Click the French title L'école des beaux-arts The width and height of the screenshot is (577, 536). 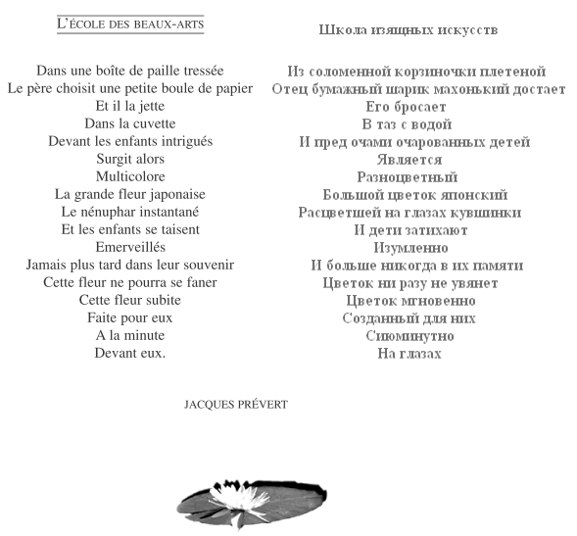(x=129, y=23)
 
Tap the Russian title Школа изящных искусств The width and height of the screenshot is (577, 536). (x=408, y=29)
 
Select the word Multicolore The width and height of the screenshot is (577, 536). (x=130, y=176)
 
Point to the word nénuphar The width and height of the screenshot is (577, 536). (x=110, y=212)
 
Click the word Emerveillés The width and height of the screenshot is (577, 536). (x=130, y=247)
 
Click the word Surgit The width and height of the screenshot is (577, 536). (x=115, y=159)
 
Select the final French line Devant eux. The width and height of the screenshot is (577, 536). (x=130, y=353)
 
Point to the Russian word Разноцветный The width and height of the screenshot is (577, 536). (x=409, y=177)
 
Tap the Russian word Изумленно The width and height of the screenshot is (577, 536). (x=409, y=248)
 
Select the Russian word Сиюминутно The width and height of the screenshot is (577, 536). (x=409, y=336)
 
